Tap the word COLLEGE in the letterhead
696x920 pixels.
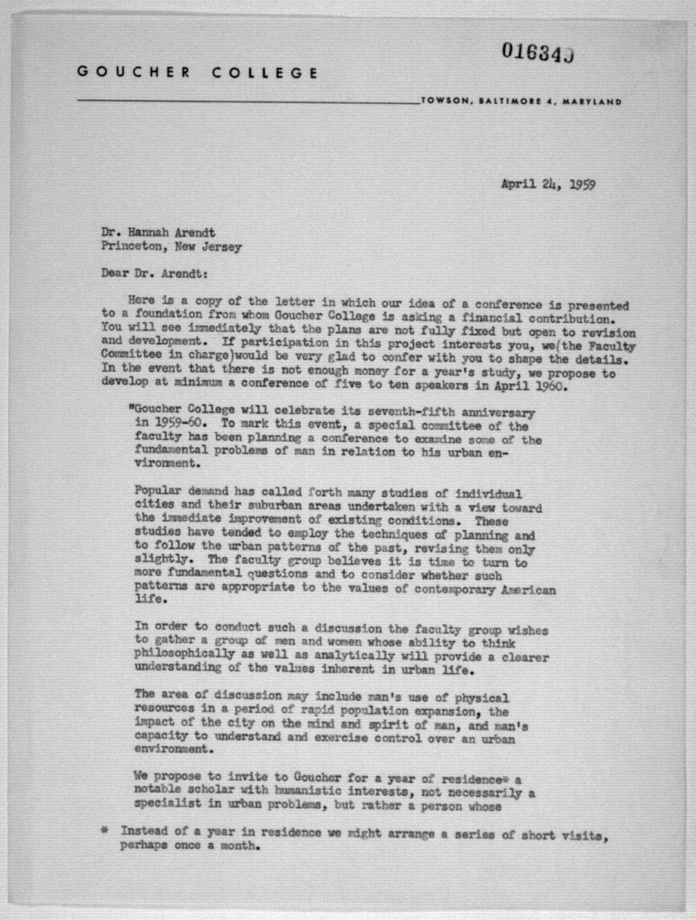point(265,73)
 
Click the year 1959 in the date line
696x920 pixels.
point(582,184)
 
